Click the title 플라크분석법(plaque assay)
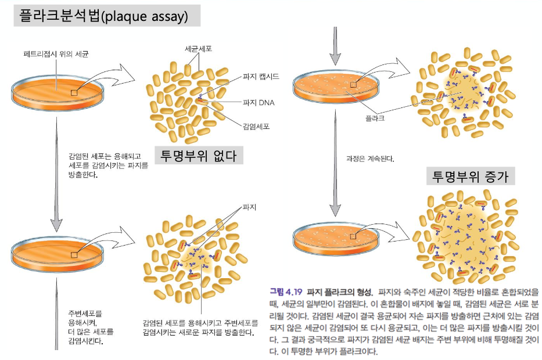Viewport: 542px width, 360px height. (107, 16)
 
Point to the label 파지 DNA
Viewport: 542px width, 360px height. (259, 103)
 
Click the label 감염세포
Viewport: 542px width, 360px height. (256, 125)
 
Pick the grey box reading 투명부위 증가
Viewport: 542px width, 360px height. (471, 176)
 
